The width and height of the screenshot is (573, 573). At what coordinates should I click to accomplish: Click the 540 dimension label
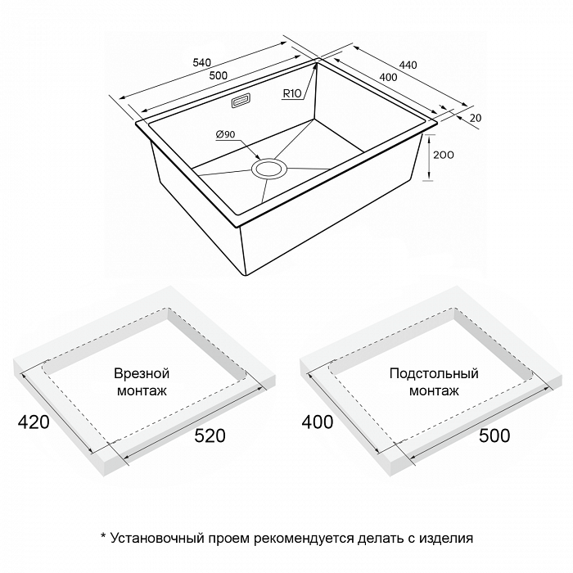tap(201, 62)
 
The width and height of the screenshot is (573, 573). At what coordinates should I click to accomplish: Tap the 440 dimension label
tap(408, 65)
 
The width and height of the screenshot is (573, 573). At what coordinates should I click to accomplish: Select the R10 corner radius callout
tap(292, 93)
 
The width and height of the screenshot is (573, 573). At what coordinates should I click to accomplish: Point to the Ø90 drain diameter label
tap(225, 134)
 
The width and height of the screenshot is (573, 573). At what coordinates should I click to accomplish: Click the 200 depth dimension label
tap(444, 155)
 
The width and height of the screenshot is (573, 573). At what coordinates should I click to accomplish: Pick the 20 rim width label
tap(476, 118)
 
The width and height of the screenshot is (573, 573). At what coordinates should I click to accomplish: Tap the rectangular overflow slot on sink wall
tap(241, 101)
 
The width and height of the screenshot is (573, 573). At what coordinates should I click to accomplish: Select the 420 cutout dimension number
tap(34, 422)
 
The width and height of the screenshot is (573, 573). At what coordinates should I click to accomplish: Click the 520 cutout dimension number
tap(210, 435)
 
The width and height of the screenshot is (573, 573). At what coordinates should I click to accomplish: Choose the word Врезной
tap(142, 374)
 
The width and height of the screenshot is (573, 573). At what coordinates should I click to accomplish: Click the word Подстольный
tap(434, 373)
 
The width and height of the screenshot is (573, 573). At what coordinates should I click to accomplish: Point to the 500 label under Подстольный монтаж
tap(494, 435)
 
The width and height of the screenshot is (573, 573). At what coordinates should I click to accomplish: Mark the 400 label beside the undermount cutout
tap(318, 422)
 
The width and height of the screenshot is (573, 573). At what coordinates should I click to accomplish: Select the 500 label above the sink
tap(219, 75)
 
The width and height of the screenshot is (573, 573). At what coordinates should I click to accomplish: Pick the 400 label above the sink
tap(388, 77)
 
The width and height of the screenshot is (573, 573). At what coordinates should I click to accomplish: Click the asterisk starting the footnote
tap(103, 535)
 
